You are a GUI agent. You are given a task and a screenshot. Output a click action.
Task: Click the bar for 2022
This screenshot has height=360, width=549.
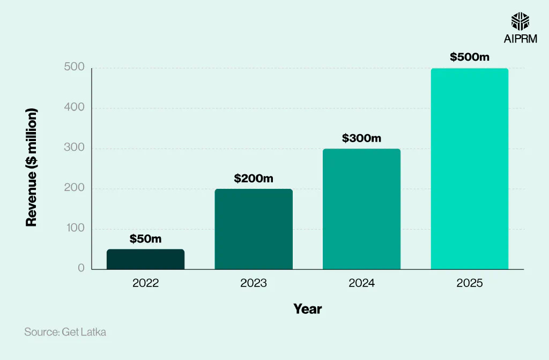(145, 259)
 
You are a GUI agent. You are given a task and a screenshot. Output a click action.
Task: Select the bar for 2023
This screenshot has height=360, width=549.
(254, 229)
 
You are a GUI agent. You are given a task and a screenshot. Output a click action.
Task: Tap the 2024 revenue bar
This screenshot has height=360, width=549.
(361, 209)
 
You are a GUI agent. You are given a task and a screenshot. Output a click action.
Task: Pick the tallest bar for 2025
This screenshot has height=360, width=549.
(470, 169)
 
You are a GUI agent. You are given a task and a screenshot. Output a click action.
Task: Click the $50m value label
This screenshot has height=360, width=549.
(145, 239)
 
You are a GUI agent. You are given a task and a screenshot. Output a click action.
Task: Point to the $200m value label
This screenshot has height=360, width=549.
(254, 179)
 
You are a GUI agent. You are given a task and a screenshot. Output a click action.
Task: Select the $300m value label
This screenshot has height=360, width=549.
(361, 138)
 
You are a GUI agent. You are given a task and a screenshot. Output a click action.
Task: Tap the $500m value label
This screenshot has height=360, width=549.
(470, 57)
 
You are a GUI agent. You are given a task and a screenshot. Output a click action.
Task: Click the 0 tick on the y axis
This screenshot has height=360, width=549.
(81, 268)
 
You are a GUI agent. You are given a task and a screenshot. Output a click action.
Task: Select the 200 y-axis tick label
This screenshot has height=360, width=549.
(75, 188)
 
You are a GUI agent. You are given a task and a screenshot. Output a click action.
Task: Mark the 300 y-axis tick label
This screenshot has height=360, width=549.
(75, 148)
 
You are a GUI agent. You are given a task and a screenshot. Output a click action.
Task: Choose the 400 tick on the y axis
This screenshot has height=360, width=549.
(75, 107)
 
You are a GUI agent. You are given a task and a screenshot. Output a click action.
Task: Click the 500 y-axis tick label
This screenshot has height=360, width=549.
(75, 68)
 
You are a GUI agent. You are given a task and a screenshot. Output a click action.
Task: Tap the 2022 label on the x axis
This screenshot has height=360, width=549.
(145, 283)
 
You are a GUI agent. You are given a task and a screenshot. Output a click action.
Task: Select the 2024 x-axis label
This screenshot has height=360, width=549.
(361, 283)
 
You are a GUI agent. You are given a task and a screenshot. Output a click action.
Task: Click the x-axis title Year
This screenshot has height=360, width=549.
(307, 309)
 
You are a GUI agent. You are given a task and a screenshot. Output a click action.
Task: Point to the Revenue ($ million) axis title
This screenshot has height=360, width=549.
(32, 167)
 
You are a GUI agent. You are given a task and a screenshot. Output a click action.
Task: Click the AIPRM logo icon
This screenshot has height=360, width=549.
(520, 22)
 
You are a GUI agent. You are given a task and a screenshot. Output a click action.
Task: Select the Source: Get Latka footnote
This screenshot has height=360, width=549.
(65, 332)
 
